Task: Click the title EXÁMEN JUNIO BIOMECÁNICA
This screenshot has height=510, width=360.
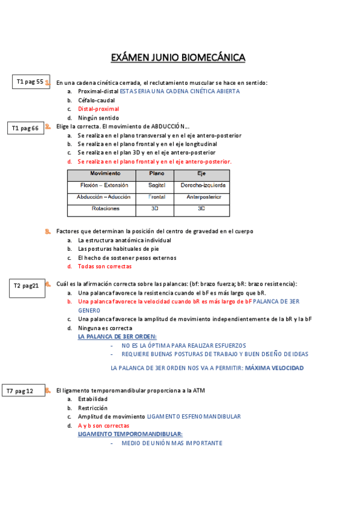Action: pos(178,58)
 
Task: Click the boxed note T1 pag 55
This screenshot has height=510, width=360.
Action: pos(30,82)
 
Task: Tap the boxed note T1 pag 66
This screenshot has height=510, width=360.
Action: pos(25,128)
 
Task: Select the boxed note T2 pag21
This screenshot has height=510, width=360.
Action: pos(26,286)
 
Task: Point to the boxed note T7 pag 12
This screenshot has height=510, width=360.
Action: pos(24,392)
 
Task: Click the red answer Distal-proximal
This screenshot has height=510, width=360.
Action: pos(99,109)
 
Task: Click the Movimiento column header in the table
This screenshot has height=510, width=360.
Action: pos(100,174)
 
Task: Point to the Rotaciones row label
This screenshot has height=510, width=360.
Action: pos(105,209)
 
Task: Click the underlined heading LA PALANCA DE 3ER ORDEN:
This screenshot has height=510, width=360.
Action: pos(117,337)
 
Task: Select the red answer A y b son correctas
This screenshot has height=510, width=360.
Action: pos(103,425)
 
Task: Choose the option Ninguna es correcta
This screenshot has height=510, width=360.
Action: pos(105,328)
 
